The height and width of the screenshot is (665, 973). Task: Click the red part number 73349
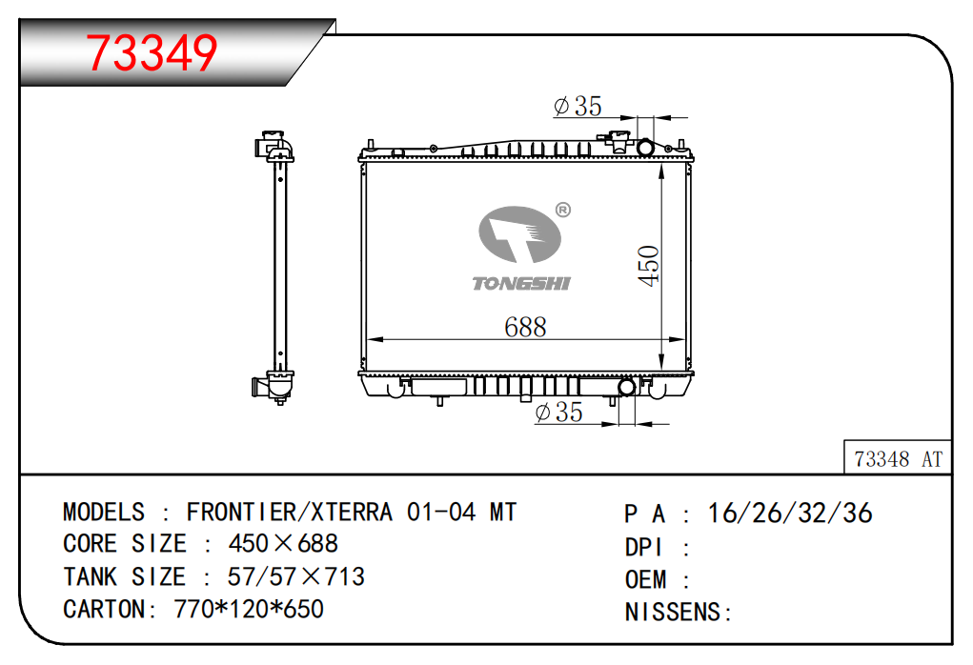coord(152,52)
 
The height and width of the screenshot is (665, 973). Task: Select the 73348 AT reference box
coord(898,457)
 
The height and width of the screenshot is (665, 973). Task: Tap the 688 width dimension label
coord(525,327)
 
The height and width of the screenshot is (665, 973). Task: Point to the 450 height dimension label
coord(648,266)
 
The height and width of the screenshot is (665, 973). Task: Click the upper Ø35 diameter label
coord(578,106)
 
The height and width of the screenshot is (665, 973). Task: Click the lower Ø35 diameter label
coord(558,412)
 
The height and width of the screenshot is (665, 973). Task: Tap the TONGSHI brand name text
coord(521,284)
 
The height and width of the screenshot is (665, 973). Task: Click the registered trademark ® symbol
coord(563,210)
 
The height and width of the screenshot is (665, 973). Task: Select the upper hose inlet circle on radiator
coord(645,148)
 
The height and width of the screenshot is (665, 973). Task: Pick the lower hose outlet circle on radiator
coord(627,387)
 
